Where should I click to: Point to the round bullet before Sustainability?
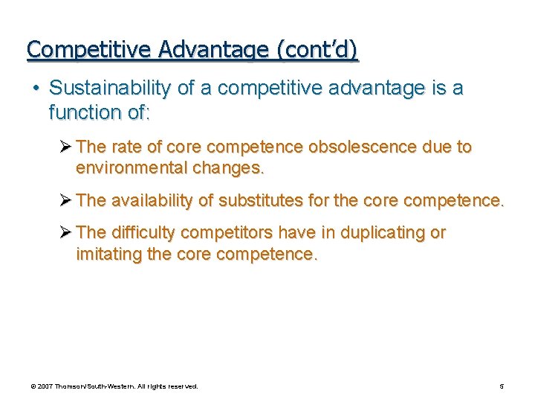(36, 89)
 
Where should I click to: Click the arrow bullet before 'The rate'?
(65, 147)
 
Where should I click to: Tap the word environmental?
(132, 168)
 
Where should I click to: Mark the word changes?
(227, 168)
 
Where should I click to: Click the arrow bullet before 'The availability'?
(65, 200)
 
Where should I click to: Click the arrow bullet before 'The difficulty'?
(65, 233)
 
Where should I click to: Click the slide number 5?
(501, 386)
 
